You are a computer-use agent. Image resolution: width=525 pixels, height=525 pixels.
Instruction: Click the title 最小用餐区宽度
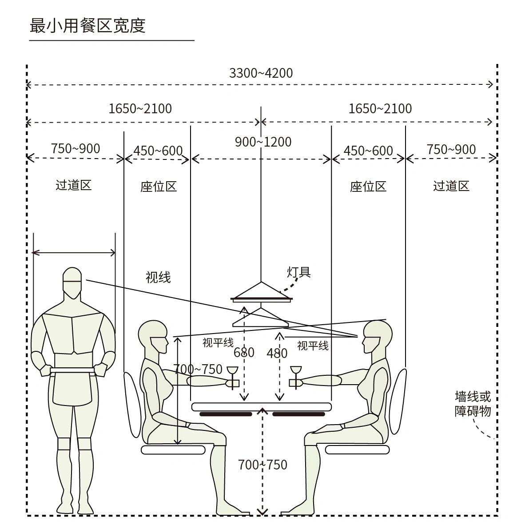87,25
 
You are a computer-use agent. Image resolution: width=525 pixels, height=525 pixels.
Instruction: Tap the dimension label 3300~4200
261,73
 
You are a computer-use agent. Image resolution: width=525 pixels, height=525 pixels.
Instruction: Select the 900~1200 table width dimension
263,142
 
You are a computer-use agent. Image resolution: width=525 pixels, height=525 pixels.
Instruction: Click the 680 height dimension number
244,352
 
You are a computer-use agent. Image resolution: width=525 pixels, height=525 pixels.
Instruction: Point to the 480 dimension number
277,353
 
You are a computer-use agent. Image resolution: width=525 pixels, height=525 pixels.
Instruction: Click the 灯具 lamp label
298,272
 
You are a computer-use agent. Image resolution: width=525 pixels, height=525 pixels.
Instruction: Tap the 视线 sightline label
158,277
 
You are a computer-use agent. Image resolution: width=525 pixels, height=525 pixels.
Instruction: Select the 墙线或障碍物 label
473,404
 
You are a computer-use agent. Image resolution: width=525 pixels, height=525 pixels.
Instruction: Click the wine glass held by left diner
232,377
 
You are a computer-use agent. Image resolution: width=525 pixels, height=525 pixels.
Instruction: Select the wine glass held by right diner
296,377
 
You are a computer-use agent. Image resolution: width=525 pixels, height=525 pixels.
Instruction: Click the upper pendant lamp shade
262,292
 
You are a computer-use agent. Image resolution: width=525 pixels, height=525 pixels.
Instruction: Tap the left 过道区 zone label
74,185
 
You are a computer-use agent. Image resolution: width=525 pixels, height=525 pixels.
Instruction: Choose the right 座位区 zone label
368,187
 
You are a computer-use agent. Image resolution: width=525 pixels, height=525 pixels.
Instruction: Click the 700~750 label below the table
262,465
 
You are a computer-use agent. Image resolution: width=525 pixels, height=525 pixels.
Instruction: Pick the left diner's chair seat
173,449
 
